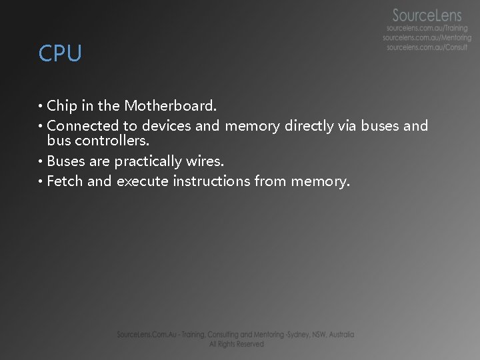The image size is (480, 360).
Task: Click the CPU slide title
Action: (x=60, y=53)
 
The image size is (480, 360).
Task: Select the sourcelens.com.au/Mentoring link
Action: (x=427, y=38)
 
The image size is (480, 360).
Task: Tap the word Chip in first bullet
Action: (x=62, y=105)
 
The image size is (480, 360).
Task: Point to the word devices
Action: (x=166, y=125)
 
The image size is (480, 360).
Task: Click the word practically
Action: (x=148, y=161)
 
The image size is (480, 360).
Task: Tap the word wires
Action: (x=205, y=161)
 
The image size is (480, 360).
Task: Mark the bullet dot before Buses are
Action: (x=41, y=161)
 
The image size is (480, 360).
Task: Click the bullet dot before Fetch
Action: (x=41, y=181)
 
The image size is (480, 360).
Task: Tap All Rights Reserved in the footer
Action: (x=236, y=344)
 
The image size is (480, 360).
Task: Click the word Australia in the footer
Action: (x=339, y=335)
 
